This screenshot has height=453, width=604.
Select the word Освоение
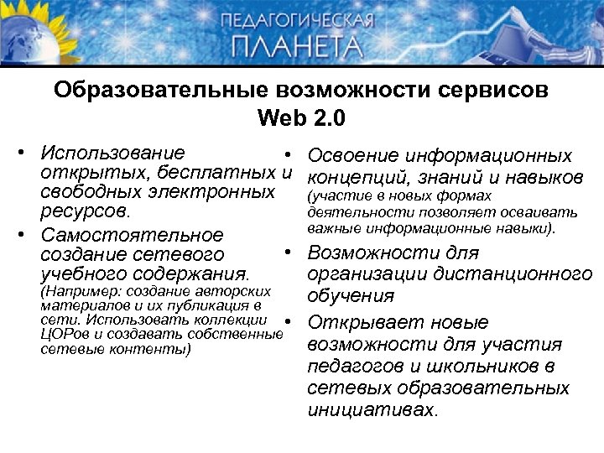coord(354,156)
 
